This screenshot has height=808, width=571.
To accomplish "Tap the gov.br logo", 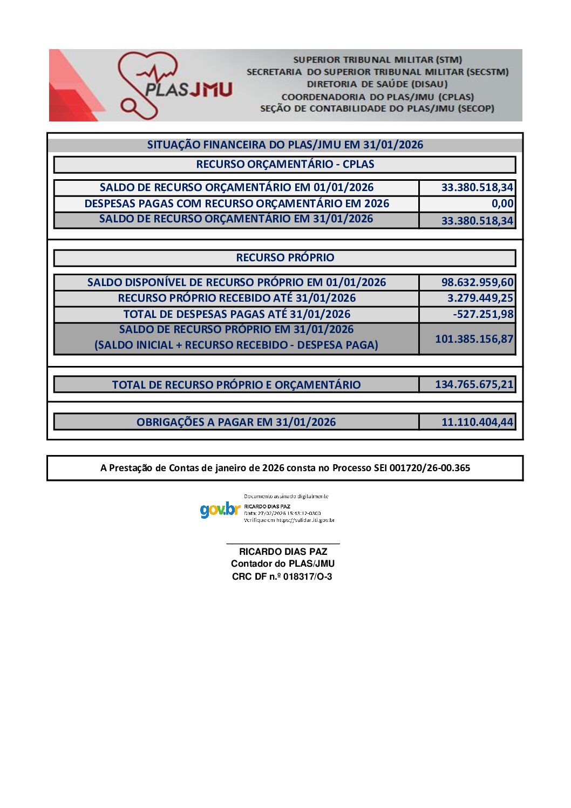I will [219, 509].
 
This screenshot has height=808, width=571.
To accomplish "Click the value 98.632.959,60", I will [477, 282].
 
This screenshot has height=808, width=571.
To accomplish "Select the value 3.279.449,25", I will [480, 298].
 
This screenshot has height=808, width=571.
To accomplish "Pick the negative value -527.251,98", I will [483, 314].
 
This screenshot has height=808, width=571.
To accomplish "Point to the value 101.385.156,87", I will [474, 339].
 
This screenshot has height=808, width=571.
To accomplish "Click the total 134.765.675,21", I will [474, 384].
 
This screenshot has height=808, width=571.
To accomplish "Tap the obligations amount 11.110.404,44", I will [477, 422].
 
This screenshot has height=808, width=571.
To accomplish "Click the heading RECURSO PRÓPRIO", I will [285, 258].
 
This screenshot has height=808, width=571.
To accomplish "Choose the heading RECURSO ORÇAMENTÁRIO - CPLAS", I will [285, 164].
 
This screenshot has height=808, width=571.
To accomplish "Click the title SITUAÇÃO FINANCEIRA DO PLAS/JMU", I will [285, 145].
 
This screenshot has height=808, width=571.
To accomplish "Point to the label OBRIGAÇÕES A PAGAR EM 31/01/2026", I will [236, 422].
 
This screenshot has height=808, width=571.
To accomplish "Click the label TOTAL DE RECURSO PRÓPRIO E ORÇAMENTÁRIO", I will [236, 385].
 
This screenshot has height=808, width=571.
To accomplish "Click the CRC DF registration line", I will [282, 576].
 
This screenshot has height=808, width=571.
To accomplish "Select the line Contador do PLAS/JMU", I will [283, 563].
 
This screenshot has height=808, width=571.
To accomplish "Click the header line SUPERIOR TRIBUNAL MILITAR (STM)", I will [377, 60].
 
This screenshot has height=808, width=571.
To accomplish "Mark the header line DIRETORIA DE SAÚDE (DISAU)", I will [377, 84].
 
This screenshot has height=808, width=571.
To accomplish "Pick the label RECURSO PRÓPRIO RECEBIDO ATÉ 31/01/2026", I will [236, 298].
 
